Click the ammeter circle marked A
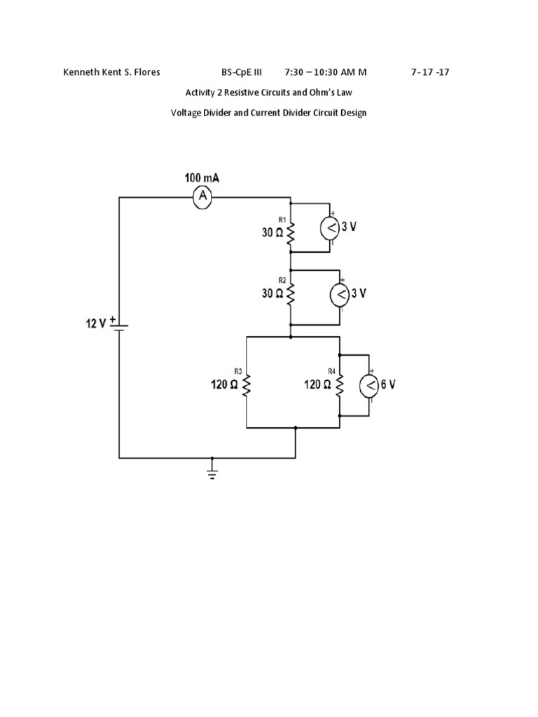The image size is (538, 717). tap(203, 198)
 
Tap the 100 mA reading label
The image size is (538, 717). tap(202, 179)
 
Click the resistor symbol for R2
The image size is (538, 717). tap(289, 293)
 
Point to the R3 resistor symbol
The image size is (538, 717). tap(247, 384)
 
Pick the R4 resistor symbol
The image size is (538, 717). tap(340, 384)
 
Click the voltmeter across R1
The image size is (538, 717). tap(330, 227)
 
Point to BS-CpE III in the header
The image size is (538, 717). tap(241, 71)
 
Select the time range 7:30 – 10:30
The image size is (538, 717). tap(319, 71)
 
